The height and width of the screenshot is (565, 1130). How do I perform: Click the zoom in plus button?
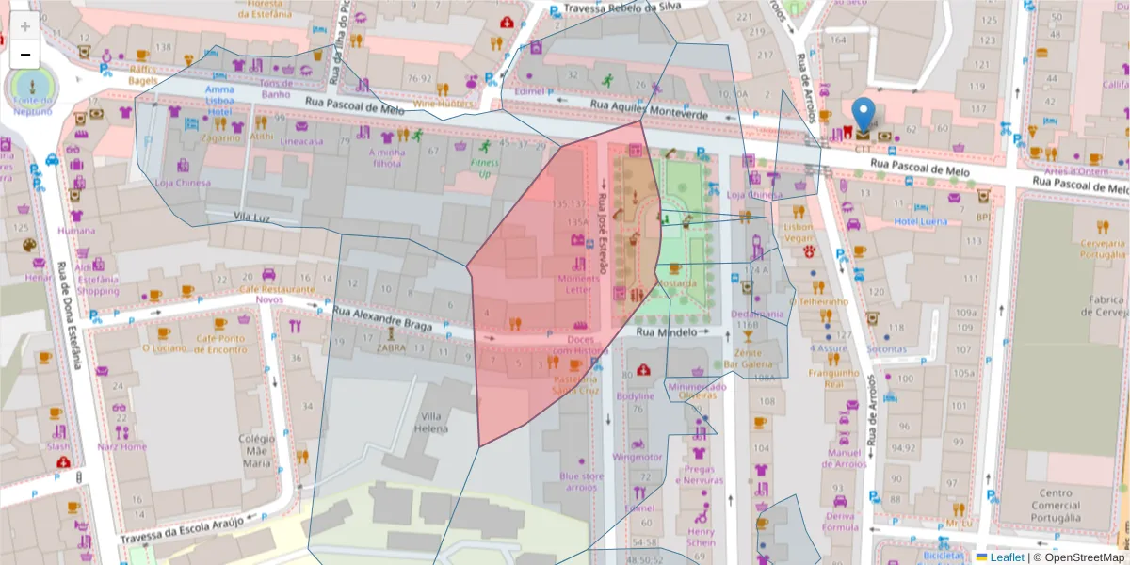pyautogui.click(x=25, y=26)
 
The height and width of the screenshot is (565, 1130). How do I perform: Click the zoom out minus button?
pyautogui.click(x=25, y=55)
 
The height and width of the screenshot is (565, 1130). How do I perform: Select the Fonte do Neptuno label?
pyautogui.click(x=31, y=105)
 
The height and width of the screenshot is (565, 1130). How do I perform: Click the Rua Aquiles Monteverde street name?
pyautogui.click(x=649, y=108)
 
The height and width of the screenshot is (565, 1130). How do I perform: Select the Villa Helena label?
pyautogui.click(x=432, y=423)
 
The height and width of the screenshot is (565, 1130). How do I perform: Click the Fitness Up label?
pyautogui.click(x=484, y=169)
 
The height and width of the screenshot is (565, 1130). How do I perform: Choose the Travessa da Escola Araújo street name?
pyautogui.click(x=182, y=530)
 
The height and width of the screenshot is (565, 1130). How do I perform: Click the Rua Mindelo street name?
pyautogui.click(x=666, y=332)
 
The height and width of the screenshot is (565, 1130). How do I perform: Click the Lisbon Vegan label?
pyautogui.click(x=798, y=233)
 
